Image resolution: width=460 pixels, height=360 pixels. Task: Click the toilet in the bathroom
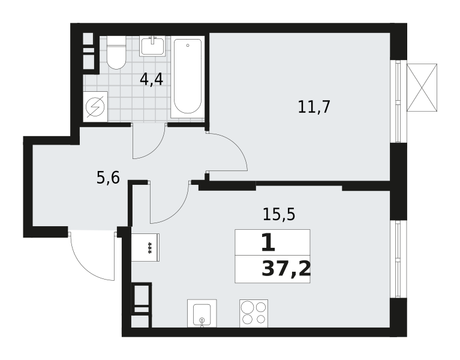[116, 53]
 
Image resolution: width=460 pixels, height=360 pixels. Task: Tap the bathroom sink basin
[152, 46]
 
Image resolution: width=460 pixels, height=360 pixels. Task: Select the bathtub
[188, 77]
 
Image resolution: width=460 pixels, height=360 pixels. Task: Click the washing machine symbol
[95, 107]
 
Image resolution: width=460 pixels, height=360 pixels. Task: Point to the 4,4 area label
[151, 80]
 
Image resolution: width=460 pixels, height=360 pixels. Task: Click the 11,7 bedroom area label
[314, 107]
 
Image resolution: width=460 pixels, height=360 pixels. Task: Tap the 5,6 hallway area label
[108, 178]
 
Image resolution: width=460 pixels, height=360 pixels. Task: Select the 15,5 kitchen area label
[279, 214]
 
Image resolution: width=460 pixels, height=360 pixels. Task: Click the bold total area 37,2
[285, 269]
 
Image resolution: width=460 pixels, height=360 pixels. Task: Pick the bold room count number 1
[268, 243]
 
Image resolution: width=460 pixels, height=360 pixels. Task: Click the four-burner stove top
[254, 313]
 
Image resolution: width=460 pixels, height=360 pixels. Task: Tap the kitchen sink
[202, 313]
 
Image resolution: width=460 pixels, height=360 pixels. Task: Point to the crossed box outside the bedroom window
[422, 88]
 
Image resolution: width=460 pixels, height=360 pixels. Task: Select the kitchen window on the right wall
[398, 259]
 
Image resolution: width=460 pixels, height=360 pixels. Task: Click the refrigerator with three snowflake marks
[145, 247]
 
